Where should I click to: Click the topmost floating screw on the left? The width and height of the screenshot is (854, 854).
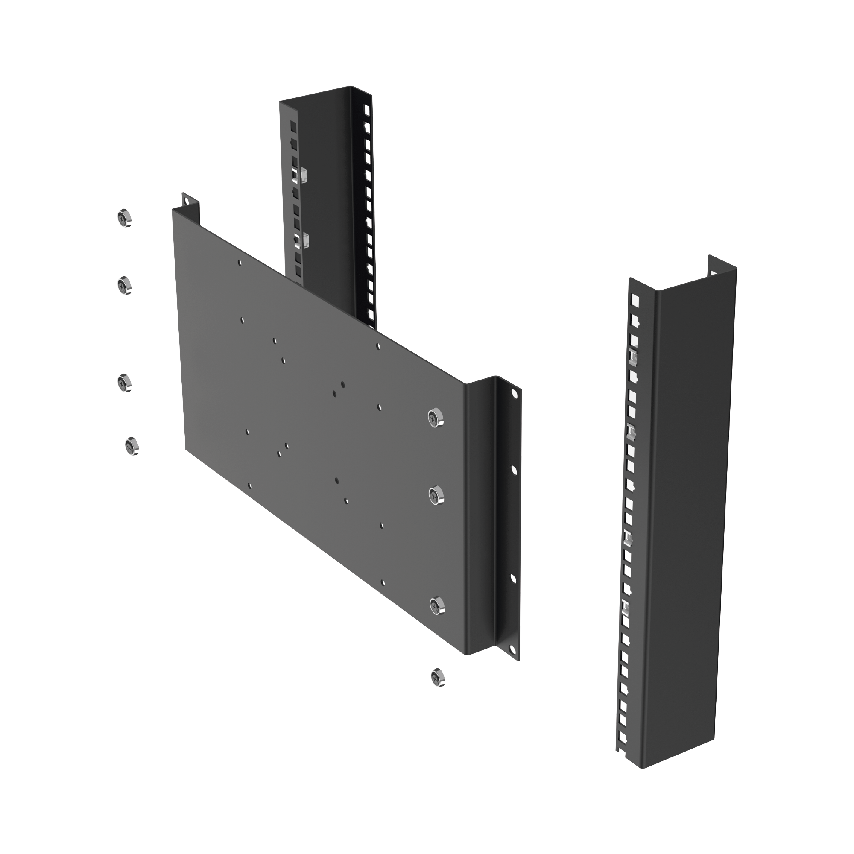(x=125, y=218)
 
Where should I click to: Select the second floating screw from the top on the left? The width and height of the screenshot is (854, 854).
(x=125, y=286)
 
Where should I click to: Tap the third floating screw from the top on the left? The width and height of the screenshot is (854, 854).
(x=125, y=383)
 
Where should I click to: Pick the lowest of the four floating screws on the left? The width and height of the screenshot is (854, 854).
(x=132, y=447)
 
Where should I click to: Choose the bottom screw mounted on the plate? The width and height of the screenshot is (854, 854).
(x=437, y=605)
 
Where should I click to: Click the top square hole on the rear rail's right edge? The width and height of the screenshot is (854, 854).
(x=366, y=109)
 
